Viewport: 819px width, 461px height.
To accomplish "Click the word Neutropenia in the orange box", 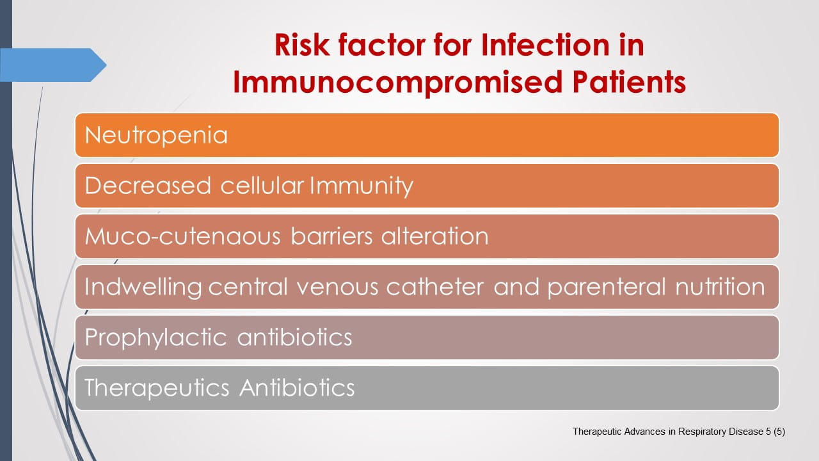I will (156, 135).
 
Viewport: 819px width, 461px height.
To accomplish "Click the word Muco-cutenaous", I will (182, 236).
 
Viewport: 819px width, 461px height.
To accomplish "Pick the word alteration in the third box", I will (434, 236).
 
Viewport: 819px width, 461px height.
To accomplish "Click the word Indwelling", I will (143, 287).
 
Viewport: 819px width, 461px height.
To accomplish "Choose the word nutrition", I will (720, 287).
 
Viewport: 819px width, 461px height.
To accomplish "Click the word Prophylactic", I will (155, 337).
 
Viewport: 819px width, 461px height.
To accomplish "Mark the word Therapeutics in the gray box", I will (157, 388).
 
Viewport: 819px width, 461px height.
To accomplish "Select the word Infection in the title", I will (536, 46).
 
